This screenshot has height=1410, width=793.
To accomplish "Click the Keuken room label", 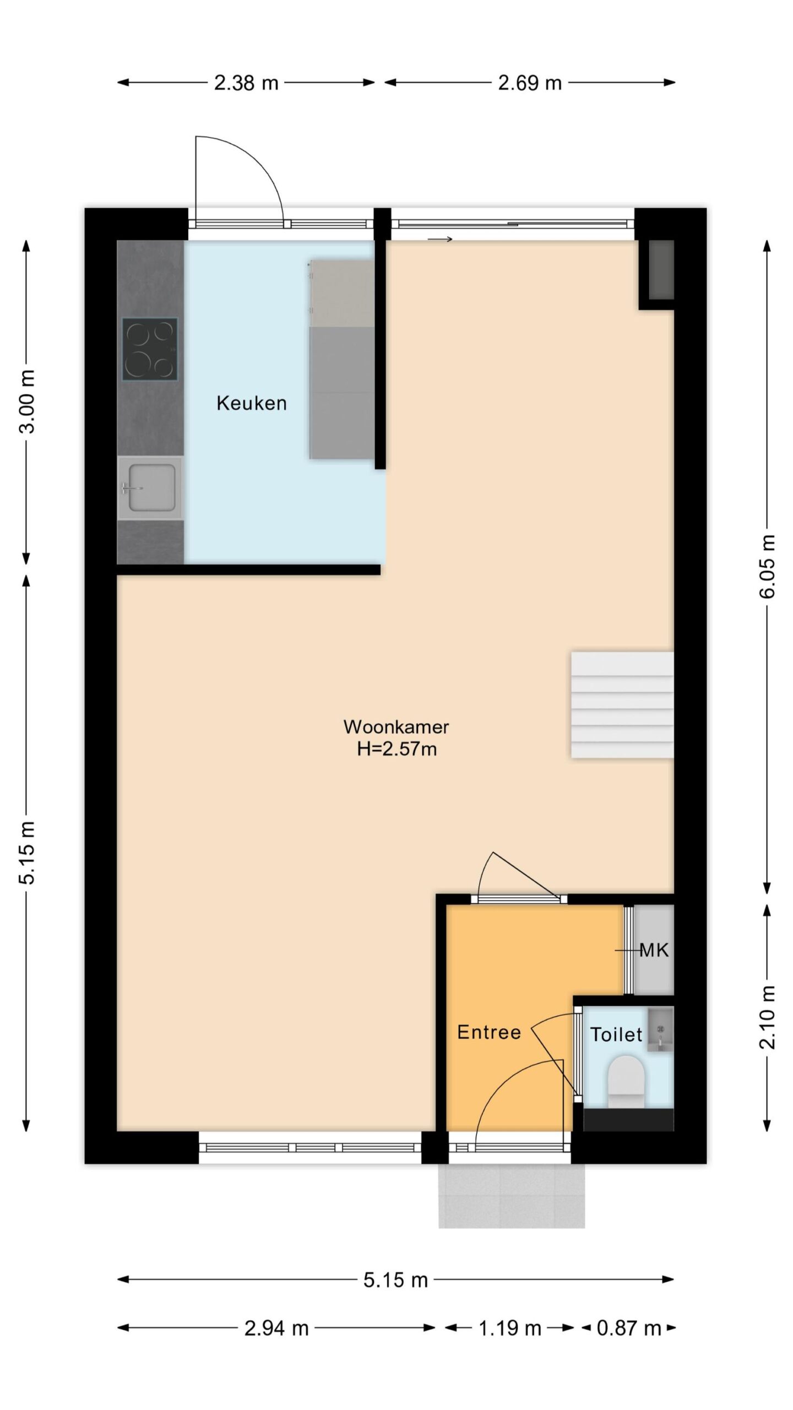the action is pos(251,403).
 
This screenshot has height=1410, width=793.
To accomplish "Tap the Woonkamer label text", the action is pos(396,726).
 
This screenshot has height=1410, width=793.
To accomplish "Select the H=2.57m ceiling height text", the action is pos(397,749).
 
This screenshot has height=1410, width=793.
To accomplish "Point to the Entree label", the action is pos(489,1032).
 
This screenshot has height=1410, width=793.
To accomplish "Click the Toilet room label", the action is pos(616,1034).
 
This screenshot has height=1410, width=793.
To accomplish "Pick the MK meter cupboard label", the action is pos(654,950).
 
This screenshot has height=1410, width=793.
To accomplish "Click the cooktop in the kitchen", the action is pos(150,349).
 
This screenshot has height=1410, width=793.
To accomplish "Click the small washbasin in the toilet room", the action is pos(660,1029).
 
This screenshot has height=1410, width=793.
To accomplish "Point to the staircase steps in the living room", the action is pos(622,705).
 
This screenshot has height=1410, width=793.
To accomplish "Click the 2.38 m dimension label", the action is pos(246,83).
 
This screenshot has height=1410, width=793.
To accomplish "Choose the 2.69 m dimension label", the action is pos(530,83).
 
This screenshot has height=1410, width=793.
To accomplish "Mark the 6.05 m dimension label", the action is pos(769,566).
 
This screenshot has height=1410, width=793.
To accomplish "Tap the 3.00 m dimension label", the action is pos(27,402).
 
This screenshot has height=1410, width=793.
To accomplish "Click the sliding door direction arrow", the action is pos(440,239).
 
